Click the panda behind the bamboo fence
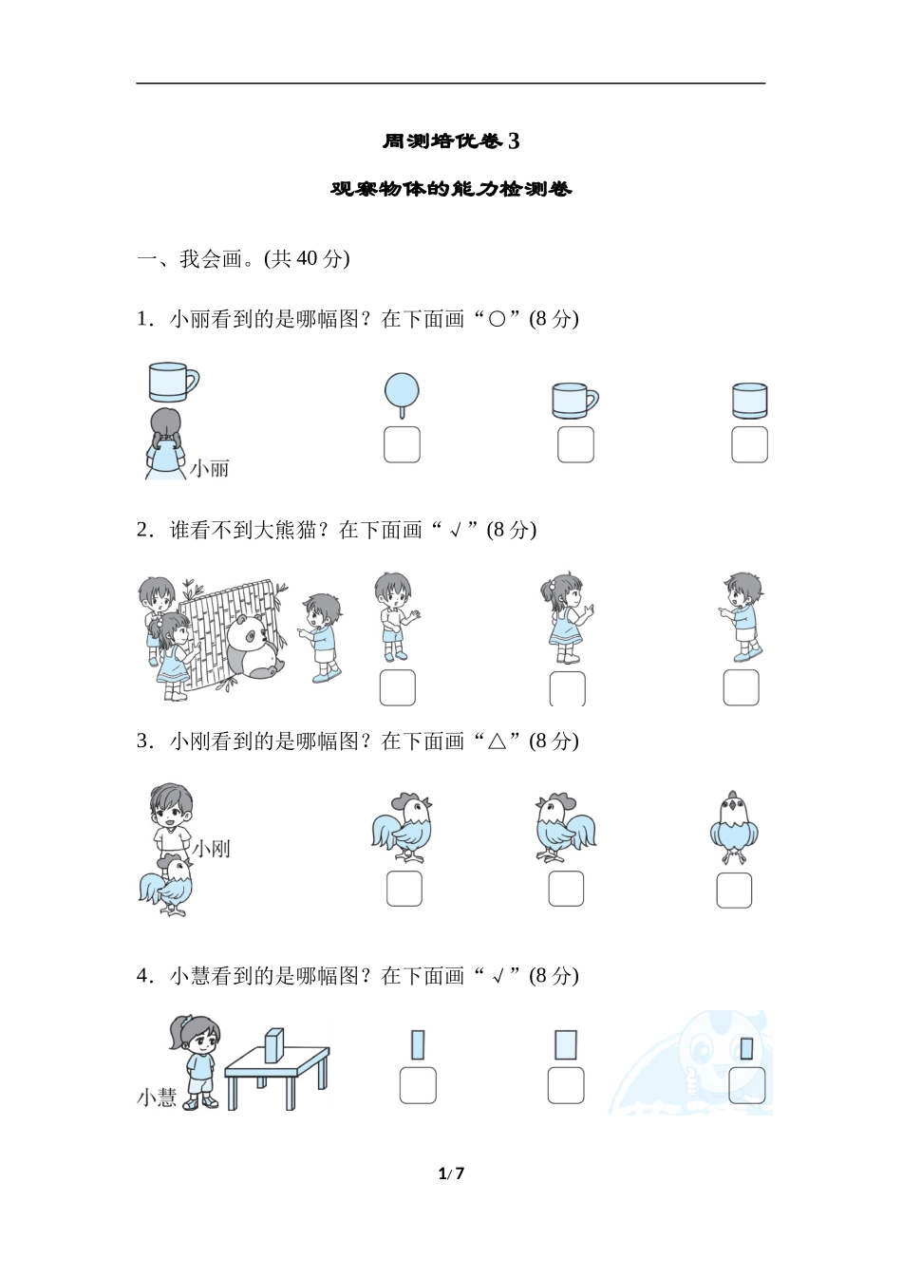point(254,647)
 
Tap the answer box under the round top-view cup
point(402,444)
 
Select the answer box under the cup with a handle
point(575,444)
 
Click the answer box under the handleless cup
point(749,444)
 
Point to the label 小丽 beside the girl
point(209,469)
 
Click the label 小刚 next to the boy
point(211,849)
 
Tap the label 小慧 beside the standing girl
point(157,1098)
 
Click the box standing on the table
point(274,1046)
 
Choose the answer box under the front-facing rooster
point(734,891)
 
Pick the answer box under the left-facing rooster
point(566,889)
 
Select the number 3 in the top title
point(514,141)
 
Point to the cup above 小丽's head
point(173,382)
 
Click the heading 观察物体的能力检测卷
point(451,189)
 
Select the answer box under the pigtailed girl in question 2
point(568,688)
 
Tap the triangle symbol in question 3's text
point(497,741)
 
